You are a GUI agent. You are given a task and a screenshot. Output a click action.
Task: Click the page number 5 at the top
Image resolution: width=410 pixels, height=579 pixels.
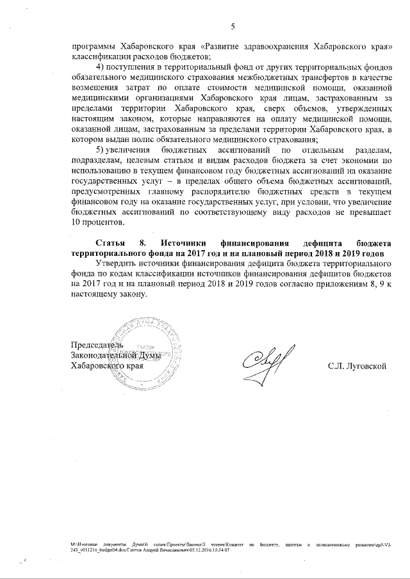tap(233, 26)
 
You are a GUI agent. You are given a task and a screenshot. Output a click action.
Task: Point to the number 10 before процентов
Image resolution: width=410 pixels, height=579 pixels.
tap(76, 221)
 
